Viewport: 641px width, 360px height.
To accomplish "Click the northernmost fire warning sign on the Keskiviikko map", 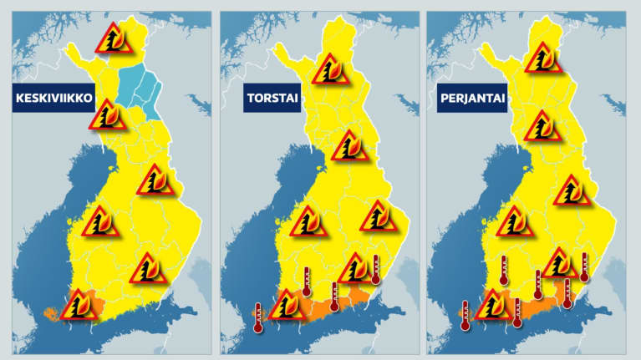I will (111, 38).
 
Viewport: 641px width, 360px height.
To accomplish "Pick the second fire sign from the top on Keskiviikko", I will (109, 115).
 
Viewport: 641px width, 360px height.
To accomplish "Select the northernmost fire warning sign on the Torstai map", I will (331, 68).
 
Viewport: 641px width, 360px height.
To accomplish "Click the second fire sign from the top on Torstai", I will (349, 146).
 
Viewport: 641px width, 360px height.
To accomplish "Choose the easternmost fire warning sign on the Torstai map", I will (379, 216).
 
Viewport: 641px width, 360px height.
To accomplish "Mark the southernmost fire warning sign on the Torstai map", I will (287, 305).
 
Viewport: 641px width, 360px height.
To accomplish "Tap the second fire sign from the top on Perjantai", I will (542, 126).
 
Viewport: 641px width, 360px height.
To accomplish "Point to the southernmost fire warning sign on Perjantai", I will (492, 304).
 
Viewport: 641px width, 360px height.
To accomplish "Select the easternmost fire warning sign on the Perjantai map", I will (572, 191).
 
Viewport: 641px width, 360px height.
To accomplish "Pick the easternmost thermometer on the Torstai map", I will (376, 268).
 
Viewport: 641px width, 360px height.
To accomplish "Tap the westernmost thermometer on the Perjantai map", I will (465, 315).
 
